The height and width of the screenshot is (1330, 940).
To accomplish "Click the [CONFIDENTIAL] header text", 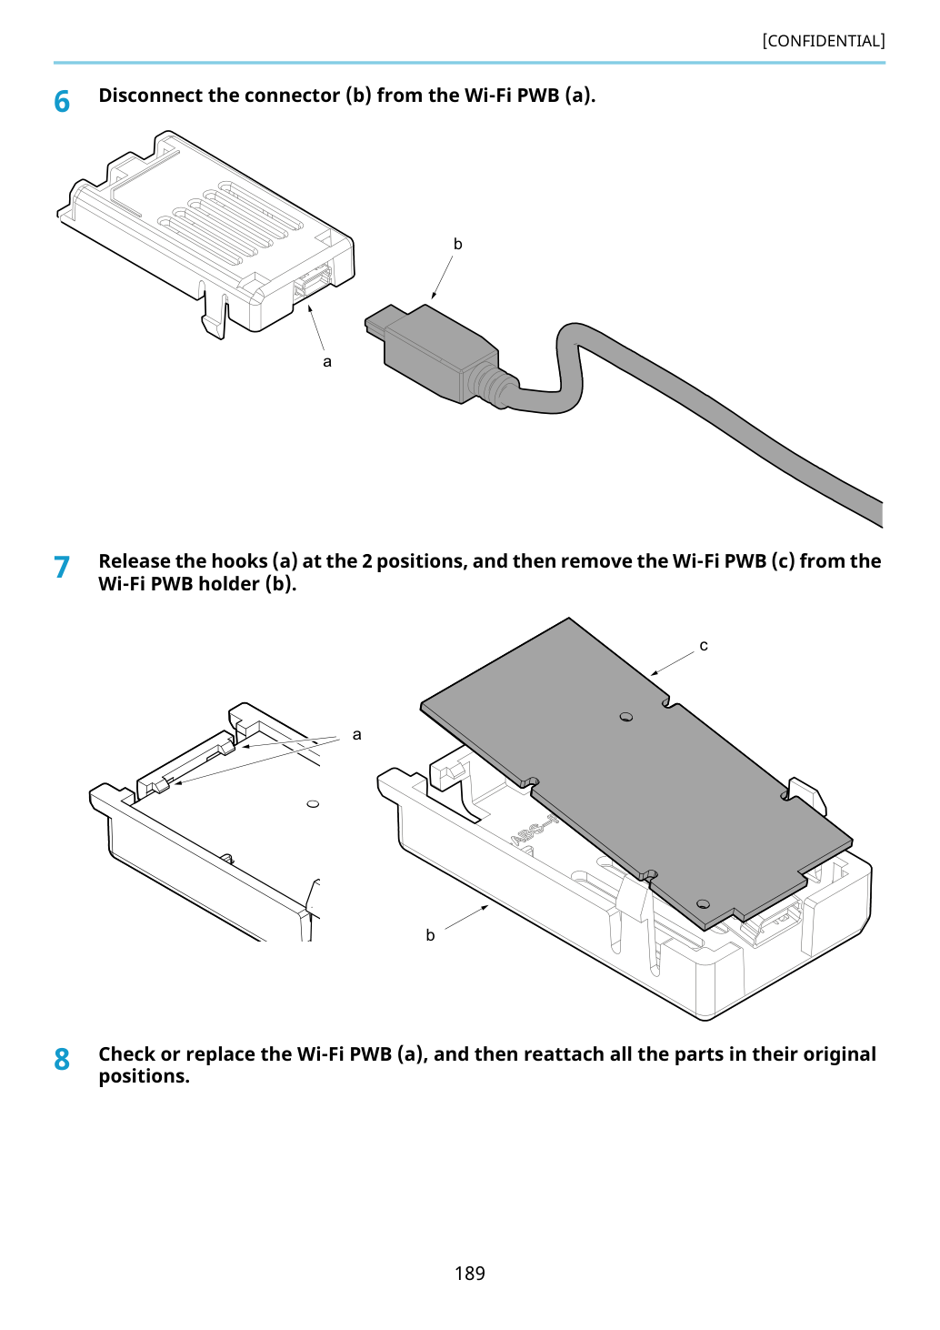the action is (x=823, y=41).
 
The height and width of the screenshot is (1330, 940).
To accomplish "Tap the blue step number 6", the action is (x=62, y=102).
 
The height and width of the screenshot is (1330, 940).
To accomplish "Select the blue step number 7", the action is (x=62, y=567).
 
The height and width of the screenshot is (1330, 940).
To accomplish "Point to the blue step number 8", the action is (x=62, y=1059).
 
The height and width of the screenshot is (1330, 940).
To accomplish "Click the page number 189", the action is (x=469, y=1273).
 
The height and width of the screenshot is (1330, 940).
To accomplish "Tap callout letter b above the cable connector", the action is (x=457, y=244).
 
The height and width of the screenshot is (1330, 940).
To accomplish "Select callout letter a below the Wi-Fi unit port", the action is (x=327, y=361).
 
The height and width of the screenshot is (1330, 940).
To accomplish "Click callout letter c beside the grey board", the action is (x=704, y=645).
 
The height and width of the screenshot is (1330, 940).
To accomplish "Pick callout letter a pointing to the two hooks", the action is (x=356, y=735).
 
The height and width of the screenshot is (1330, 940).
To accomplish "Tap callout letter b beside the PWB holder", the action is (x=430, y=935).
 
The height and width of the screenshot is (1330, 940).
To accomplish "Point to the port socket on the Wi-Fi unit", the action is (x=312, y=281).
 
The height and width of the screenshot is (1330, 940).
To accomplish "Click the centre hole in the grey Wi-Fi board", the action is (x=625, y=717).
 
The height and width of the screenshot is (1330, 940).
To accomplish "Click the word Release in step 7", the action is (x=135, y=561).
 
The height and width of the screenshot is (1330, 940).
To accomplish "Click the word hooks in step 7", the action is (x=239, y=561).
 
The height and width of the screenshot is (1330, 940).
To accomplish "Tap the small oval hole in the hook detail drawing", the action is (x=313, y=804).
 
